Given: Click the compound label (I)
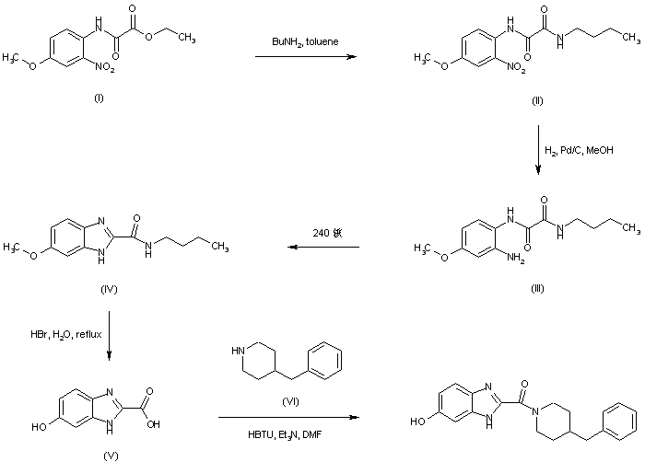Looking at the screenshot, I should pos(99,98).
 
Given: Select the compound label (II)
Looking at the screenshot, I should pos(537,100).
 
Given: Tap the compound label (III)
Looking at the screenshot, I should pos(537,288).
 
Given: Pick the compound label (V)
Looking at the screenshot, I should pos(111,454).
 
